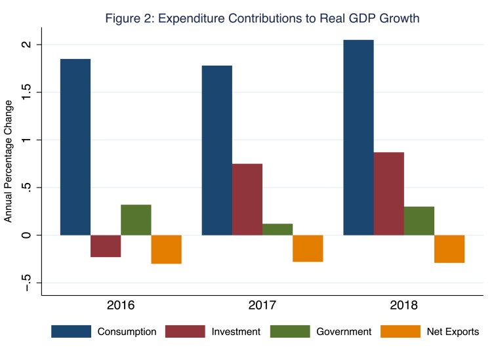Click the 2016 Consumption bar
[75, 147]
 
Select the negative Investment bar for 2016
[106, 246]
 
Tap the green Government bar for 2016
[136, 220]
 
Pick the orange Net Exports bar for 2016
[166, 249]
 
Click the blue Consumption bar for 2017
[217, 150]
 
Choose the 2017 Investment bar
[247, 199]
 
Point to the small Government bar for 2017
[278, 229]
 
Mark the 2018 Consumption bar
[358, 137]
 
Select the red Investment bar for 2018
[389, 193]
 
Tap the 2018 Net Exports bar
[449, 249]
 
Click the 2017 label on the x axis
[262, 306]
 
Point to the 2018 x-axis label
[404, 306]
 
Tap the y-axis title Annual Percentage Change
[9, 161]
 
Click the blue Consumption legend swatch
[71, 332]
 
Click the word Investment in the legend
[234, 332]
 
